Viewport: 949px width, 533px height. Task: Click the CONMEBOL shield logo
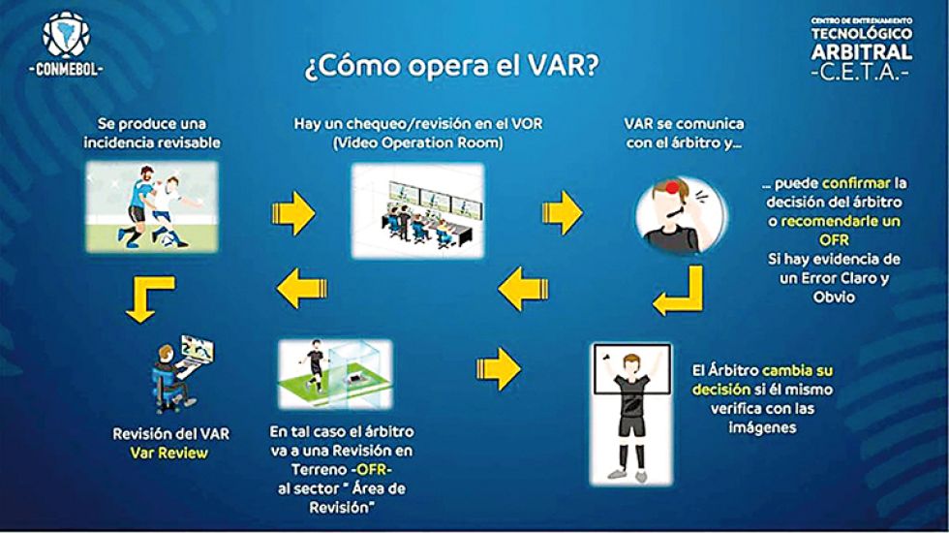coord(66,35)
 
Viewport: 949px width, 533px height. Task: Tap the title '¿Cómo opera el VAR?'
coord(451,66)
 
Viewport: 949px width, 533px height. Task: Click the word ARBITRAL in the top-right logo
coord(862,52)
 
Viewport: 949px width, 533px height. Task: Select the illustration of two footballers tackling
coord(152,206)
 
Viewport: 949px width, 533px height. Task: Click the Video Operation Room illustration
coord(417,211)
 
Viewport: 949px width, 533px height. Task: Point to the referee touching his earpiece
coord(680,214)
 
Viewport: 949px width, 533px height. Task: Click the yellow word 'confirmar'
coord(856,183)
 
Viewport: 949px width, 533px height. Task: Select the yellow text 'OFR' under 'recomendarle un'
coord(834,240)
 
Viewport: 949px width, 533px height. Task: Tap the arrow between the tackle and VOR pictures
coord(293,213)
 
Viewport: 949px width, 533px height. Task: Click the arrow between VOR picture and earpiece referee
coord(563,213)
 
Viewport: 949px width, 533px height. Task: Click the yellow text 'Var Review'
coord(168,454)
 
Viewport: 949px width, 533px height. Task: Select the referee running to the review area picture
coord(335,374)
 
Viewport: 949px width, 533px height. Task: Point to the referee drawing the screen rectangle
coord(631,414)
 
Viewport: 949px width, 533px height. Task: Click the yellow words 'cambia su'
coord(797,370)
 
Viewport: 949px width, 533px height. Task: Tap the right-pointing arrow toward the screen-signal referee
coord(499,368)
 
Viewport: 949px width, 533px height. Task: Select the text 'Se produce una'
coord(152,124)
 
